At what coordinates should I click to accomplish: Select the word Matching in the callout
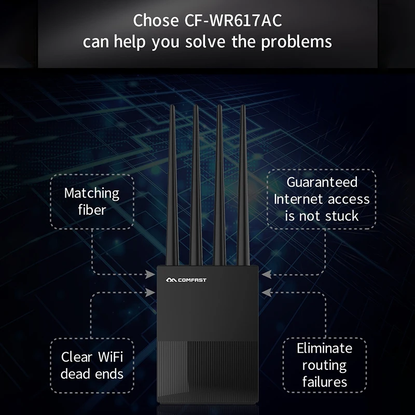coord(91,194)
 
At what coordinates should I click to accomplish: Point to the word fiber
coord(91,210)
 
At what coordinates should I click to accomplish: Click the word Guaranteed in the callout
coord(322,182)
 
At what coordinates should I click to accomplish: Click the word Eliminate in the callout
coord(324,348)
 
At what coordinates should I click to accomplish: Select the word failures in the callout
coord(324,383)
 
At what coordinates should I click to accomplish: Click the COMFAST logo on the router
coord(186,280)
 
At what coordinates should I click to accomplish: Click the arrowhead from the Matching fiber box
coord(150,273)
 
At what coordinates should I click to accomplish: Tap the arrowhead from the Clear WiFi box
coord(150,293)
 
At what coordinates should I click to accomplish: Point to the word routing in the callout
coord(324,365)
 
